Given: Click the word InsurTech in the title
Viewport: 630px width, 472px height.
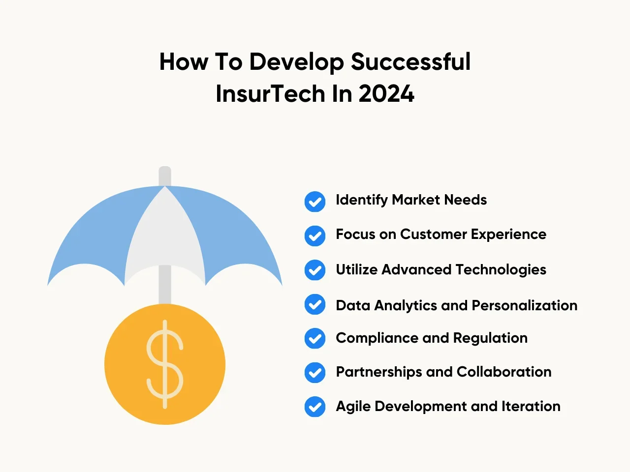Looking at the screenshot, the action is [270, 94].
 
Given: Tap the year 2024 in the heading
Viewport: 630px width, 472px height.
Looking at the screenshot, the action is [386, 94].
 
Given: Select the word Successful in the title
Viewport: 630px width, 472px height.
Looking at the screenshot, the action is [410, 61].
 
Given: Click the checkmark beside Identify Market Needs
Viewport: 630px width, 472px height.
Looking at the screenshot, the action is [315, 202].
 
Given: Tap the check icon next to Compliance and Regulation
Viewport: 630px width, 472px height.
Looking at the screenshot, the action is [315, 338].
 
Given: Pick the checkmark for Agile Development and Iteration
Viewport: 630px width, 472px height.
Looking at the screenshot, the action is [315, 407].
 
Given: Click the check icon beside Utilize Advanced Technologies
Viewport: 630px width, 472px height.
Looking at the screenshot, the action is [315, 270].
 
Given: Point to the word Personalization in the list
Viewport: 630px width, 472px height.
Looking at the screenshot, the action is [524, 305].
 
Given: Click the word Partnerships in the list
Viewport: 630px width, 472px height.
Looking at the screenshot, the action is [379, 372].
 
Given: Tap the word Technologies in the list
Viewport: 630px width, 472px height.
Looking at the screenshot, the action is [501, 270].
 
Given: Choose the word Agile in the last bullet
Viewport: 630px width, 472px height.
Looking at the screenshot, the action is [353, 407].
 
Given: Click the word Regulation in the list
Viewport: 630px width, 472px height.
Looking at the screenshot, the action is [490, 338].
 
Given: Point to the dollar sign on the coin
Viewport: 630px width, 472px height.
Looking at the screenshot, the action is [165, 364].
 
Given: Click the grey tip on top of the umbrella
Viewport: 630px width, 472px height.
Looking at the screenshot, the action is [165, 176].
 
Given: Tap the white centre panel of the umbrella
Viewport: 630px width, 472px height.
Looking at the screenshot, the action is [165, 235].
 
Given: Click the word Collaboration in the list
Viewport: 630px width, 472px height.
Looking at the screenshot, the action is [504, 372].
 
